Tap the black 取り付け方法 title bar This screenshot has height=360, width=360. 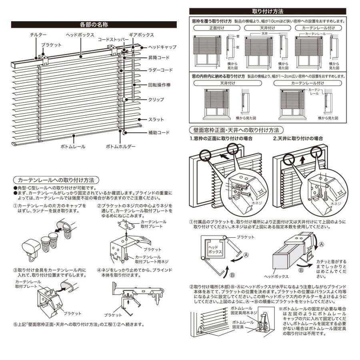(x=268, y=11)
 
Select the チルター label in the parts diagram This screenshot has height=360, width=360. (x=38, y=35)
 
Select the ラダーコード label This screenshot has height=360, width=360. (x=160, y=70)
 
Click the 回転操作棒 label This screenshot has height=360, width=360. (x=160, y=85)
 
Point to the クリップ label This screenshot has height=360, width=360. (x=156, y=99)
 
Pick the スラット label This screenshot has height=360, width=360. (x=156, y=120)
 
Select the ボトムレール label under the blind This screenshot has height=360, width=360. (x=72, y=147)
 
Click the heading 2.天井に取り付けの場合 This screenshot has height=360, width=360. (x=298, y=138)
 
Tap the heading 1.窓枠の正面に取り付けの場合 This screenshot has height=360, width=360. (x=221, y=138)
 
